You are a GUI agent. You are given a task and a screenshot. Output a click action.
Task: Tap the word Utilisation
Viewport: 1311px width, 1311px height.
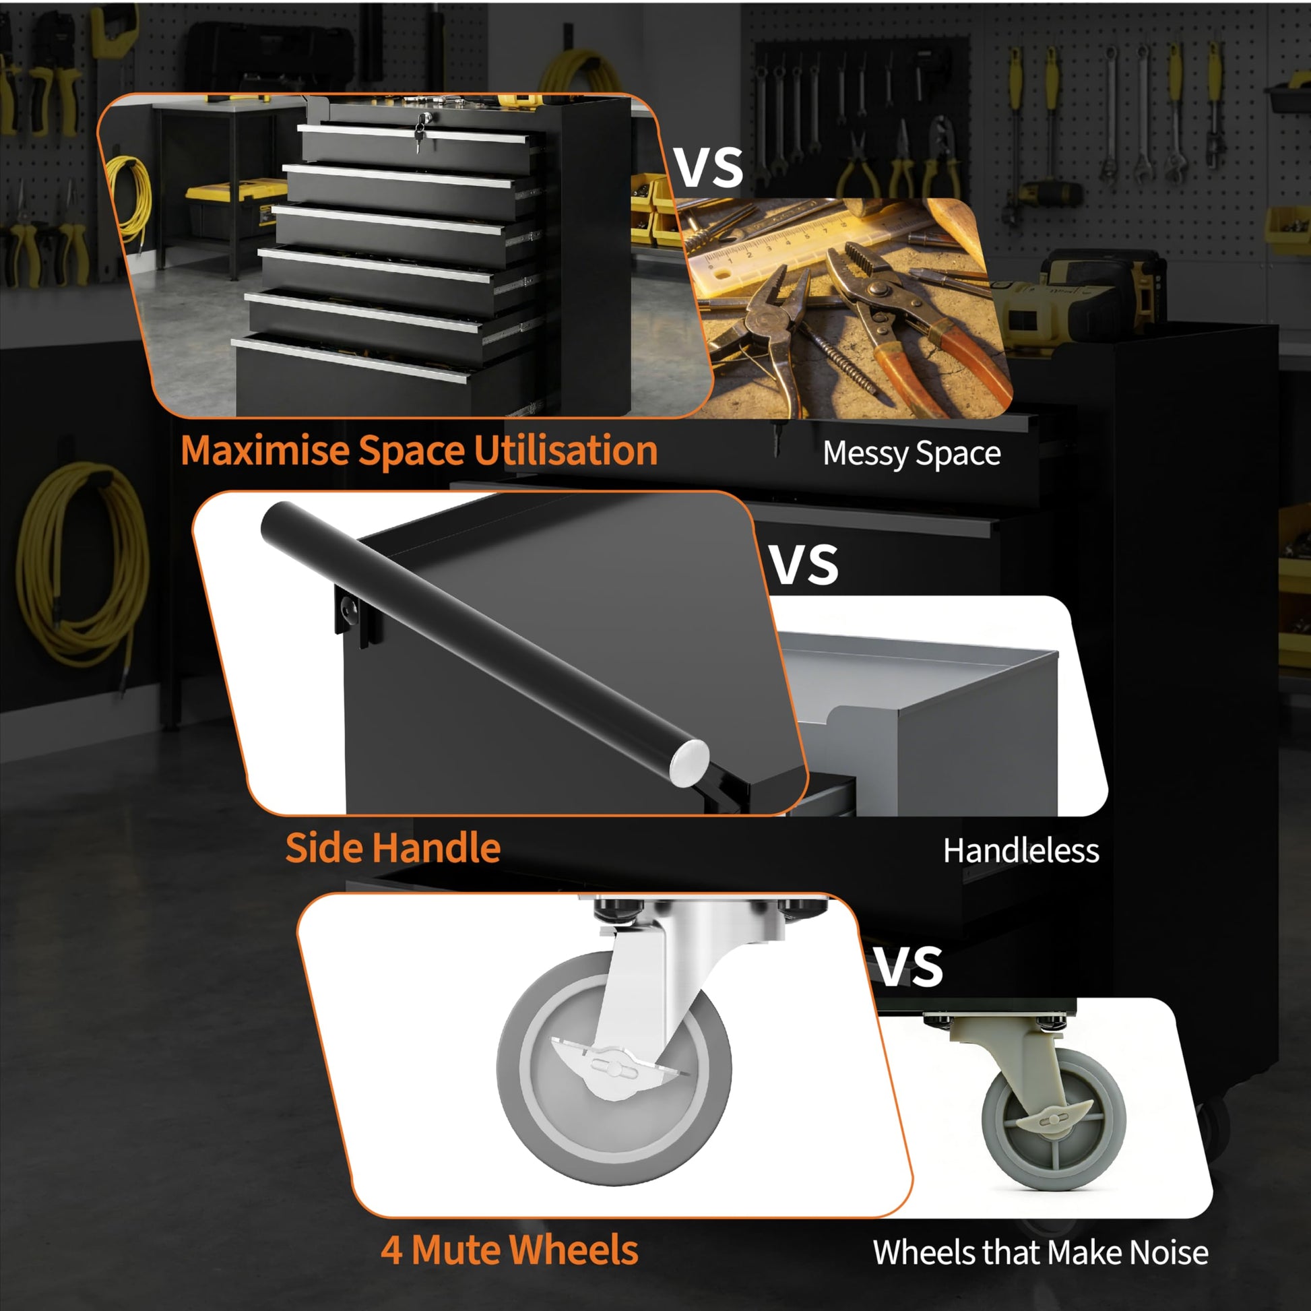565,451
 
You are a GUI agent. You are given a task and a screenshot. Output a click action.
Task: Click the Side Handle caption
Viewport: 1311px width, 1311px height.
393,848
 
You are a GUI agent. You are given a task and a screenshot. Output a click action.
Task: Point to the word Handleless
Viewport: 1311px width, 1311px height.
1021,851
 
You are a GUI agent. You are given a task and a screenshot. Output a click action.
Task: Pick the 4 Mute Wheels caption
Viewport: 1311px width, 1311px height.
509,1249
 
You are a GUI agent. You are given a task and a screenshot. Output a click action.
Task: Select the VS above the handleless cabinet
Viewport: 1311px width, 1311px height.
804,565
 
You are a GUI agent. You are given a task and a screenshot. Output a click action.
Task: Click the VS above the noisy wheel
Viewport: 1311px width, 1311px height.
908,966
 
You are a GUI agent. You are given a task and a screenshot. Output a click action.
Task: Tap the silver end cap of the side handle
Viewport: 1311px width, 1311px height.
689,763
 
